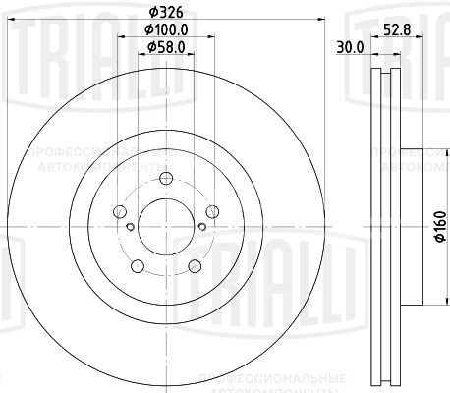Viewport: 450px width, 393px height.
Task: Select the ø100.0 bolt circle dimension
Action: pyautogui.click(x=163, y=30)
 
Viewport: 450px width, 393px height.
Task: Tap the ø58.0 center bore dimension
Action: pyautogui.click(x=163, y=46)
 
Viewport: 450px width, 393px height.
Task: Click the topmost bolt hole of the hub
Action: pyautogui.click(x=165, y=178)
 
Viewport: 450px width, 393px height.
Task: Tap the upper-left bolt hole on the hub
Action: pyautogui.click(x=120, y=211)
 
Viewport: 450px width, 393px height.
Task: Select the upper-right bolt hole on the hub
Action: pyautogui.click(x=211, y=211)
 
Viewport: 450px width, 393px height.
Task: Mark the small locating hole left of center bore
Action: pyautogui.click(x=129, y=226)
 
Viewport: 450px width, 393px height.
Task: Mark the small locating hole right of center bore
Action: pyautogui.click(x=201, y=226)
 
